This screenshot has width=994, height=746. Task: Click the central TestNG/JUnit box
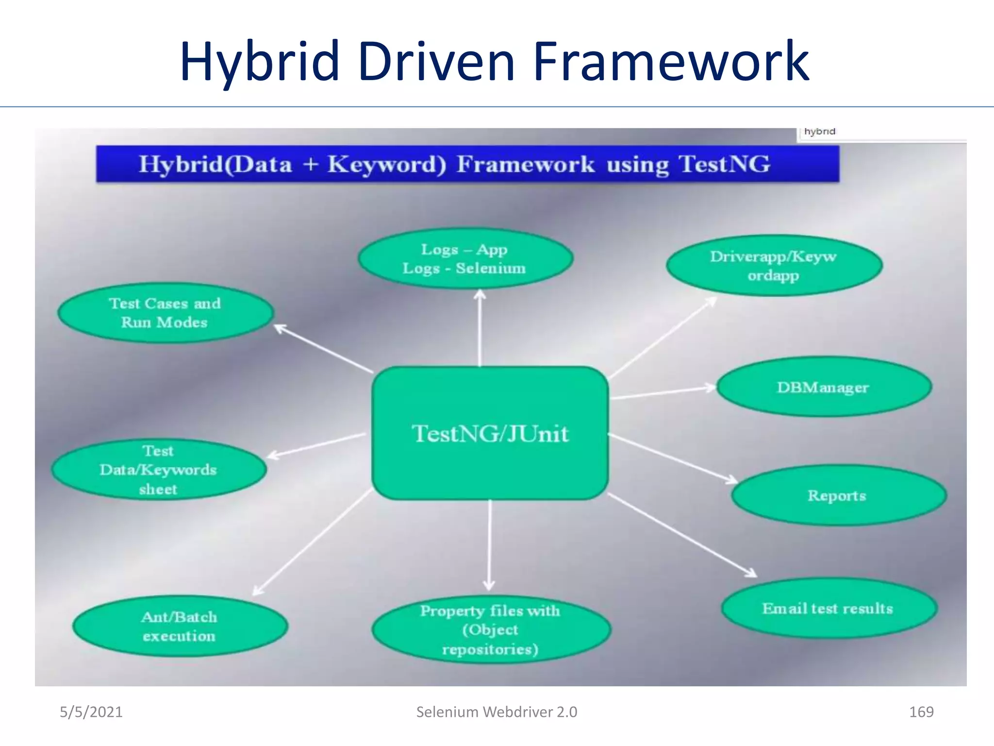pyautogui.click(x=490, y=433)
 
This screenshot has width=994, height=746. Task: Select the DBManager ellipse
pyautogui.click(x=824, y=387)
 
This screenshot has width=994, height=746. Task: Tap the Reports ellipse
pyautogui.click(x=838, y=495)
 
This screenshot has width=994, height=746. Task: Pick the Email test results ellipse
pyautogui.click(x=828, y=609)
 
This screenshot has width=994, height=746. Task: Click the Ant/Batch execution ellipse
pyautogui.click(x=180, y=627)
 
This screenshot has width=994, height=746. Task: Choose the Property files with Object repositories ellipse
pyautogui.click(x=490, y=629)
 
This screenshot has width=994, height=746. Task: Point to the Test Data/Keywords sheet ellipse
pyautogui.click(x=158, y=470)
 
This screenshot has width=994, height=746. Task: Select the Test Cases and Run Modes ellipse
pyautogui.click(x=165, y=313)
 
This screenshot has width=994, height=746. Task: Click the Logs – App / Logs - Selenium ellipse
pyautogui.click(x=464, y=259)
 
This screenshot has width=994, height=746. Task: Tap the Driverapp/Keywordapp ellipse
pyautogui.click(x=774, y=266)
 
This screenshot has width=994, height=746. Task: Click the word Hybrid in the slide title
pyautogui.click(x=260, y=62)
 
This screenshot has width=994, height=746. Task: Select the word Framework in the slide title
pyautogui.click(x=671, y=62)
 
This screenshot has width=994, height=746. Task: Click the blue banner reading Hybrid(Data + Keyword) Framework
pyautogui.click(x=467, y=164)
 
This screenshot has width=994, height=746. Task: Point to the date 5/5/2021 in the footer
pyautogui.click(x=91, y=712)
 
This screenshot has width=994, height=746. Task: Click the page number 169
pyautogui.click(x=921, y=712)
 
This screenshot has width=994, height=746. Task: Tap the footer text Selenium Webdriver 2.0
pyautogui.click(x=497, y=712)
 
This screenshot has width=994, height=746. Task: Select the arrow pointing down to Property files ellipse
pyautogui.click(x=489, y=544)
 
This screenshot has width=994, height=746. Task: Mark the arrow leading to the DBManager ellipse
pyautogui.click(x=663, y=392)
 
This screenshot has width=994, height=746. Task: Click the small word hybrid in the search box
pyautogui.click(x=819, y=132)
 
